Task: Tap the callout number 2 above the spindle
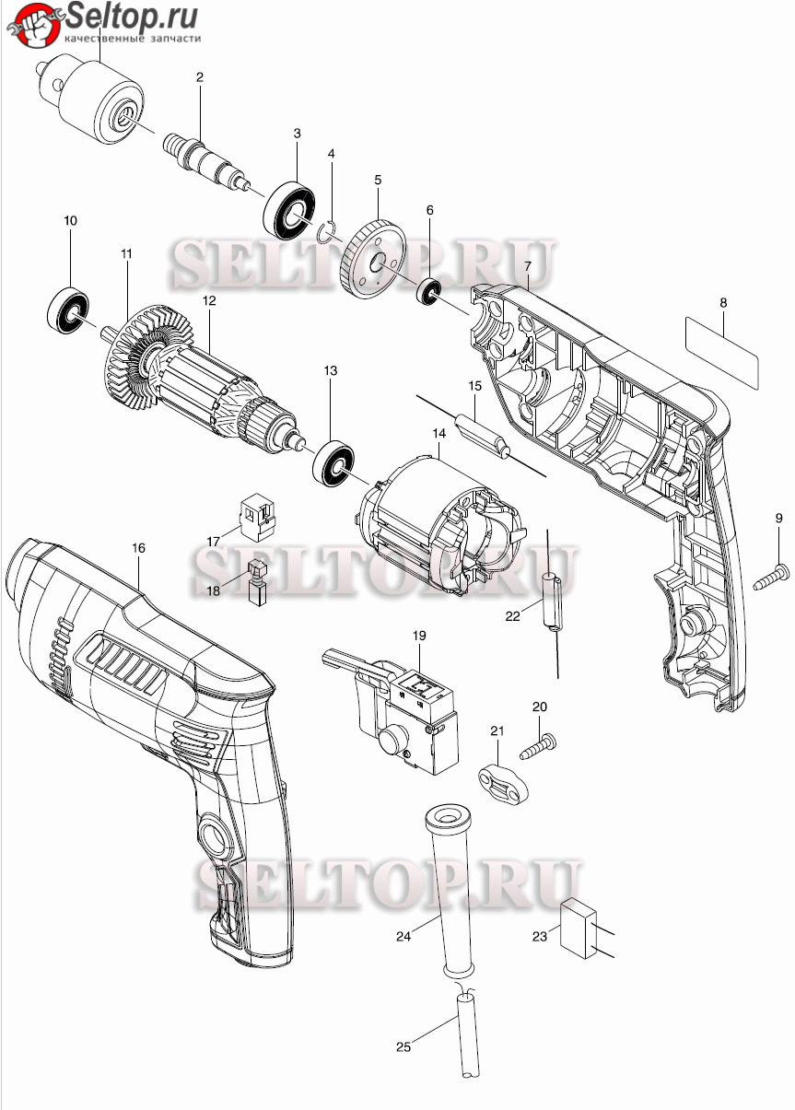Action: pyautogui.click(x=200, y=77)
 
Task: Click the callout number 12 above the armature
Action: pyautogui.click(x=209, y=301)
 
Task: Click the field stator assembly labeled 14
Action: pyautogui.click(x=442, y=524)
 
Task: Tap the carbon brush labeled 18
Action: pyautogui.click(x=258, y=582)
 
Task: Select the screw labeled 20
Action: pyautogui.click(x=538, y=748)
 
